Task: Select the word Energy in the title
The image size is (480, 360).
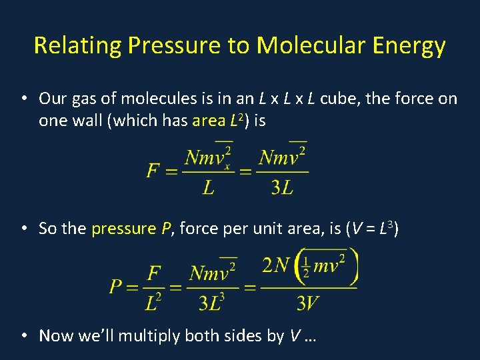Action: point(410,46)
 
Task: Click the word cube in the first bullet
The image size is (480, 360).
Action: point(339,99)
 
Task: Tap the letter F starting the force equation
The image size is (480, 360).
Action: point(153,171)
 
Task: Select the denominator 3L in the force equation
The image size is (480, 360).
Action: point(282,188)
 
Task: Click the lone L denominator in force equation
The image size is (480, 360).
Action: point(209,188)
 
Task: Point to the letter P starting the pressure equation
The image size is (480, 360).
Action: point(116,287)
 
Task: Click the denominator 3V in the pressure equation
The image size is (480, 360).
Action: point(307,304)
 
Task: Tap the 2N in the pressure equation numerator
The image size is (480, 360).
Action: point(276,266)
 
